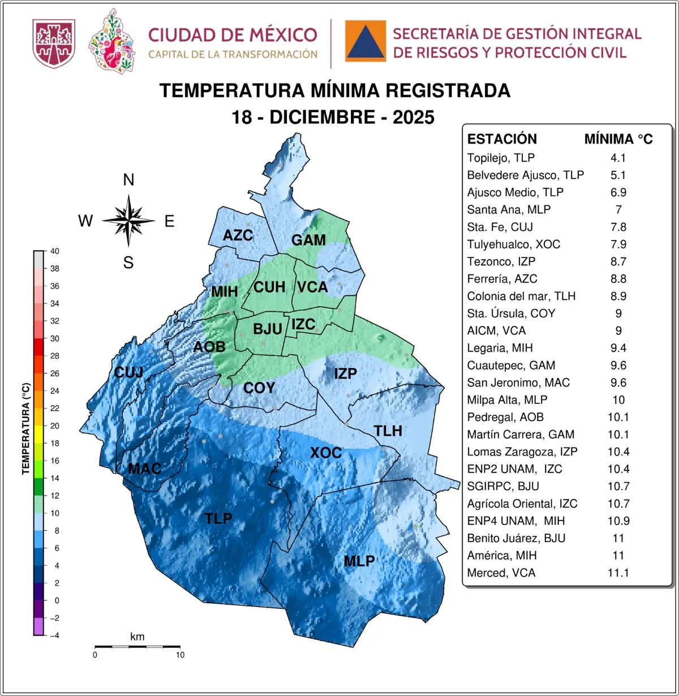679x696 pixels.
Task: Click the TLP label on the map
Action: [218, 518]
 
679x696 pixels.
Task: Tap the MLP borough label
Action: [359, 561]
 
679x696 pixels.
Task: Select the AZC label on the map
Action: [238, 235]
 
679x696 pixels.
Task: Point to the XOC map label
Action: [326, 453]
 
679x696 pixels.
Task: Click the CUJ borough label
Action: [128, 372]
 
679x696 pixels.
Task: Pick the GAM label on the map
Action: [308, 240]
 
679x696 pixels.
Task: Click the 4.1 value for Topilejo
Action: [618, 158]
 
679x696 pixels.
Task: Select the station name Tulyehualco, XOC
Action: [513, 244]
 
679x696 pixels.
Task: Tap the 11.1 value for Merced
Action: [618, 573]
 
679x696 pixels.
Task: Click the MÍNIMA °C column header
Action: [618, 139]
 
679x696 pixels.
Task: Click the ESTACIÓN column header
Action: [502, 139]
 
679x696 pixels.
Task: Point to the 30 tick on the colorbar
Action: [54, 338]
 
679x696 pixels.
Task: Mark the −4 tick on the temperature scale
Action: [54, 635]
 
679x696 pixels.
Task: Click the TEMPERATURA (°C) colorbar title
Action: [25, 428]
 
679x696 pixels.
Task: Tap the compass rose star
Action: [129, 221]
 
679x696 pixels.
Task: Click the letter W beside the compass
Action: [85, 221]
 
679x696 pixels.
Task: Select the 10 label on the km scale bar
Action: [180, 655]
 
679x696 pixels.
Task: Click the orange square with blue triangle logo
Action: [366, 41]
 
